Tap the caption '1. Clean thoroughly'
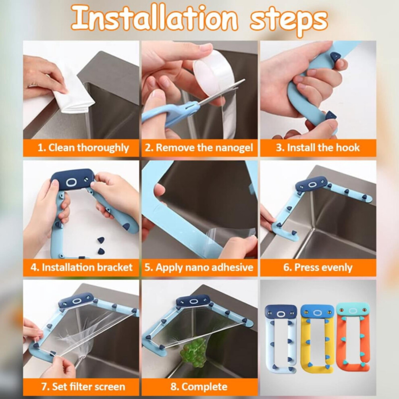(x=83, y=148)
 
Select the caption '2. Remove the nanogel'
(x=199, y=148)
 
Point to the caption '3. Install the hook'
(x=318, y=148)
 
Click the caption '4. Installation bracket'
(x=81, y=267)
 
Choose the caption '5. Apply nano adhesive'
(x=199, y=267)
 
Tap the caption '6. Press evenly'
(x=318, y=267)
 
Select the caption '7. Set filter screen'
(x=83, y=387)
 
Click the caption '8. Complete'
(x=199, y=387)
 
